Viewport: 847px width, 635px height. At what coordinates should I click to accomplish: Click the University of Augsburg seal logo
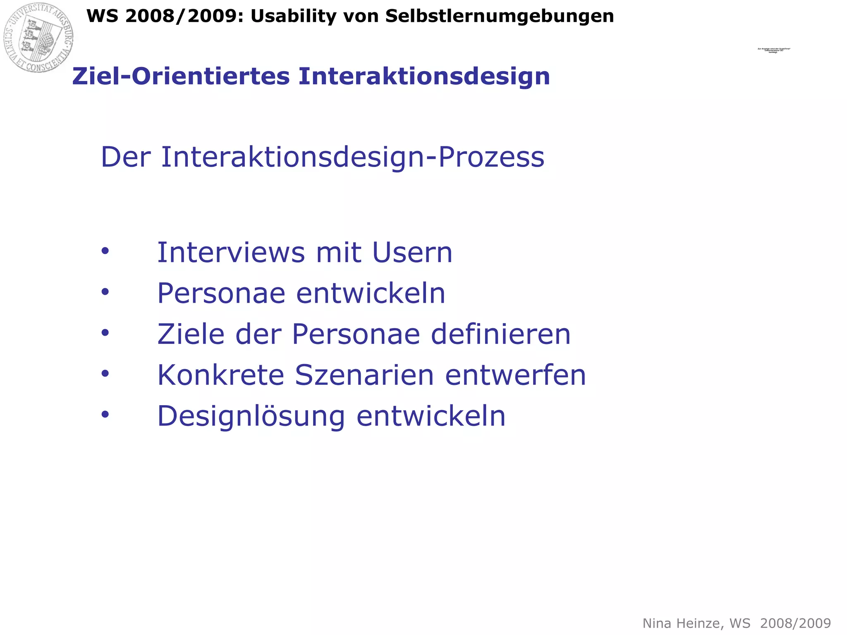click(x=38, y=38)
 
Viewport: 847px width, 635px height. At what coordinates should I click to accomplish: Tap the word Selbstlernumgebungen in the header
click(x=500, y=17)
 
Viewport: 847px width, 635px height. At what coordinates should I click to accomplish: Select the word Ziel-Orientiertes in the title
click(x=181, y=76)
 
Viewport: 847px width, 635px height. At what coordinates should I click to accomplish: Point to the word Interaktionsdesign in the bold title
click(x=424, y=76)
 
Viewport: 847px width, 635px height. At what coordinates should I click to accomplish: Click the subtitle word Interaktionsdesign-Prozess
click(x=352, y=158)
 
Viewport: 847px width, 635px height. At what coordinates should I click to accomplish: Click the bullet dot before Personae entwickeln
click(x=105, y=292)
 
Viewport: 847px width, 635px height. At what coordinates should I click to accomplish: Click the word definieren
click(x=501, y=334)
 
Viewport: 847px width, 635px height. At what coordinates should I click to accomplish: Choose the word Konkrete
click(x=220, y=375)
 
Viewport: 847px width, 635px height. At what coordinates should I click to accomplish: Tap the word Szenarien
click(x=364, y=375)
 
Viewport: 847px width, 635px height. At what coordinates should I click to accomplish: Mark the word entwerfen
click(x=515, y=375)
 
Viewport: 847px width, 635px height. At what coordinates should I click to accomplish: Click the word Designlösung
click(x=251, y=416)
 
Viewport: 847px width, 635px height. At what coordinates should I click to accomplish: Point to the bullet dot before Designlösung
click(x=105, y=414)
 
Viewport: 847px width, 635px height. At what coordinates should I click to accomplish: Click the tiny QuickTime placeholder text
click(x=773, y=50)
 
